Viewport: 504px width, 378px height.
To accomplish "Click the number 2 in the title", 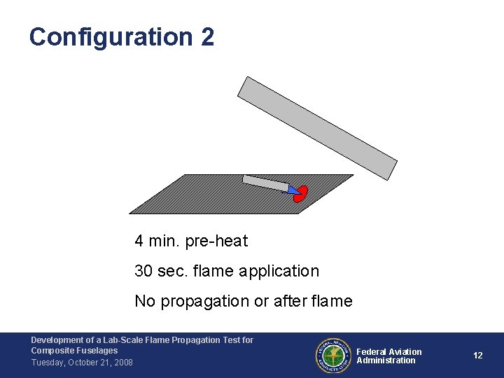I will pyautogui.click(x=207, y=36).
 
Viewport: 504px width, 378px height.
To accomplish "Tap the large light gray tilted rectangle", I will pyautogui.click(x=317, y=128).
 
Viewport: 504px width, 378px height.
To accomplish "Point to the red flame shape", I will pyautogui.click(x=301, y=194).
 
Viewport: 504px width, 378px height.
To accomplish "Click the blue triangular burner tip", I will pyautogui.click(x=293, y=188).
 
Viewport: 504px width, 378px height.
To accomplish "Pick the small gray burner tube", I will pyautogui.click(x=265, y=183).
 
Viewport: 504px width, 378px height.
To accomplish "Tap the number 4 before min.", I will pyautogui.click(x=139, y=241).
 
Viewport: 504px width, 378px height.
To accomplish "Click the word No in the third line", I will pyautogui.click(x=145, y=301).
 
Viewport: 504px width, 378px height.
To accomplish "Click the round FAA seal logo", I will pyautogui.click(x=332, y=356).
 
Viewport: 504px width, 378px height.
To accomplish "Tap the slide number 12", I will pyautogui.click(x=477, y=356).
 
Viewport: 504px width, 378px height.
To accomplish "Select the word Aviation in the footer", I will pyautogui.click(x=405, y=351).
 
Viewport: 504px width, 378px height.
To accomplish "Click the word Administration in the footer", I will pyautogui.click(x=386, y=360).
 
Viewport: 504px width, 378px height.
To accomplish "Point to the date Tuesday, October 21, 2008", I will pyautogui.click(x=82, y=362).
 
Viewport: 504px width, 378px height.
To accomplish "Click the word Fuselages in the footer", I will pyautogui.click(x=99, y=351).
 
